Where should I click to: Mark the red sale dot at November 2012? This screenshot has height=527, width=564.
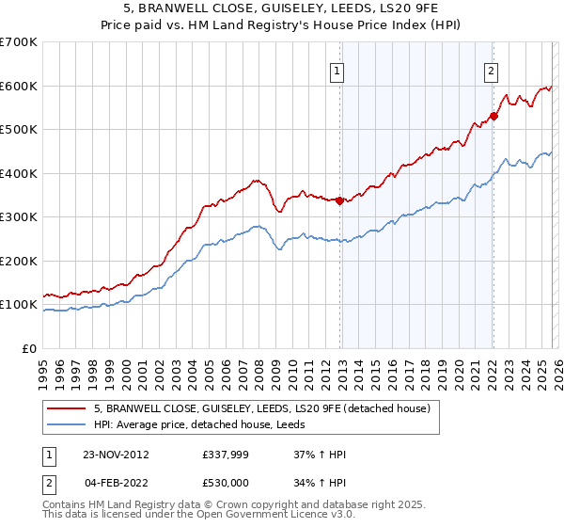click(340, 200)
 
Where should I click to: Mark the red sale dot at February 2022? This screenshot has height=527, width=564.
click(493, 117)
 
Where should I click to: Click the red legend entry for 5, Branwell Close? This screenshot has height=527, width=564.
click(262, 408)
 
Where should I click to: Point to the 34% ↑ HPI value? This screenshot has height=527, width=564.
click(321, 484)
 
